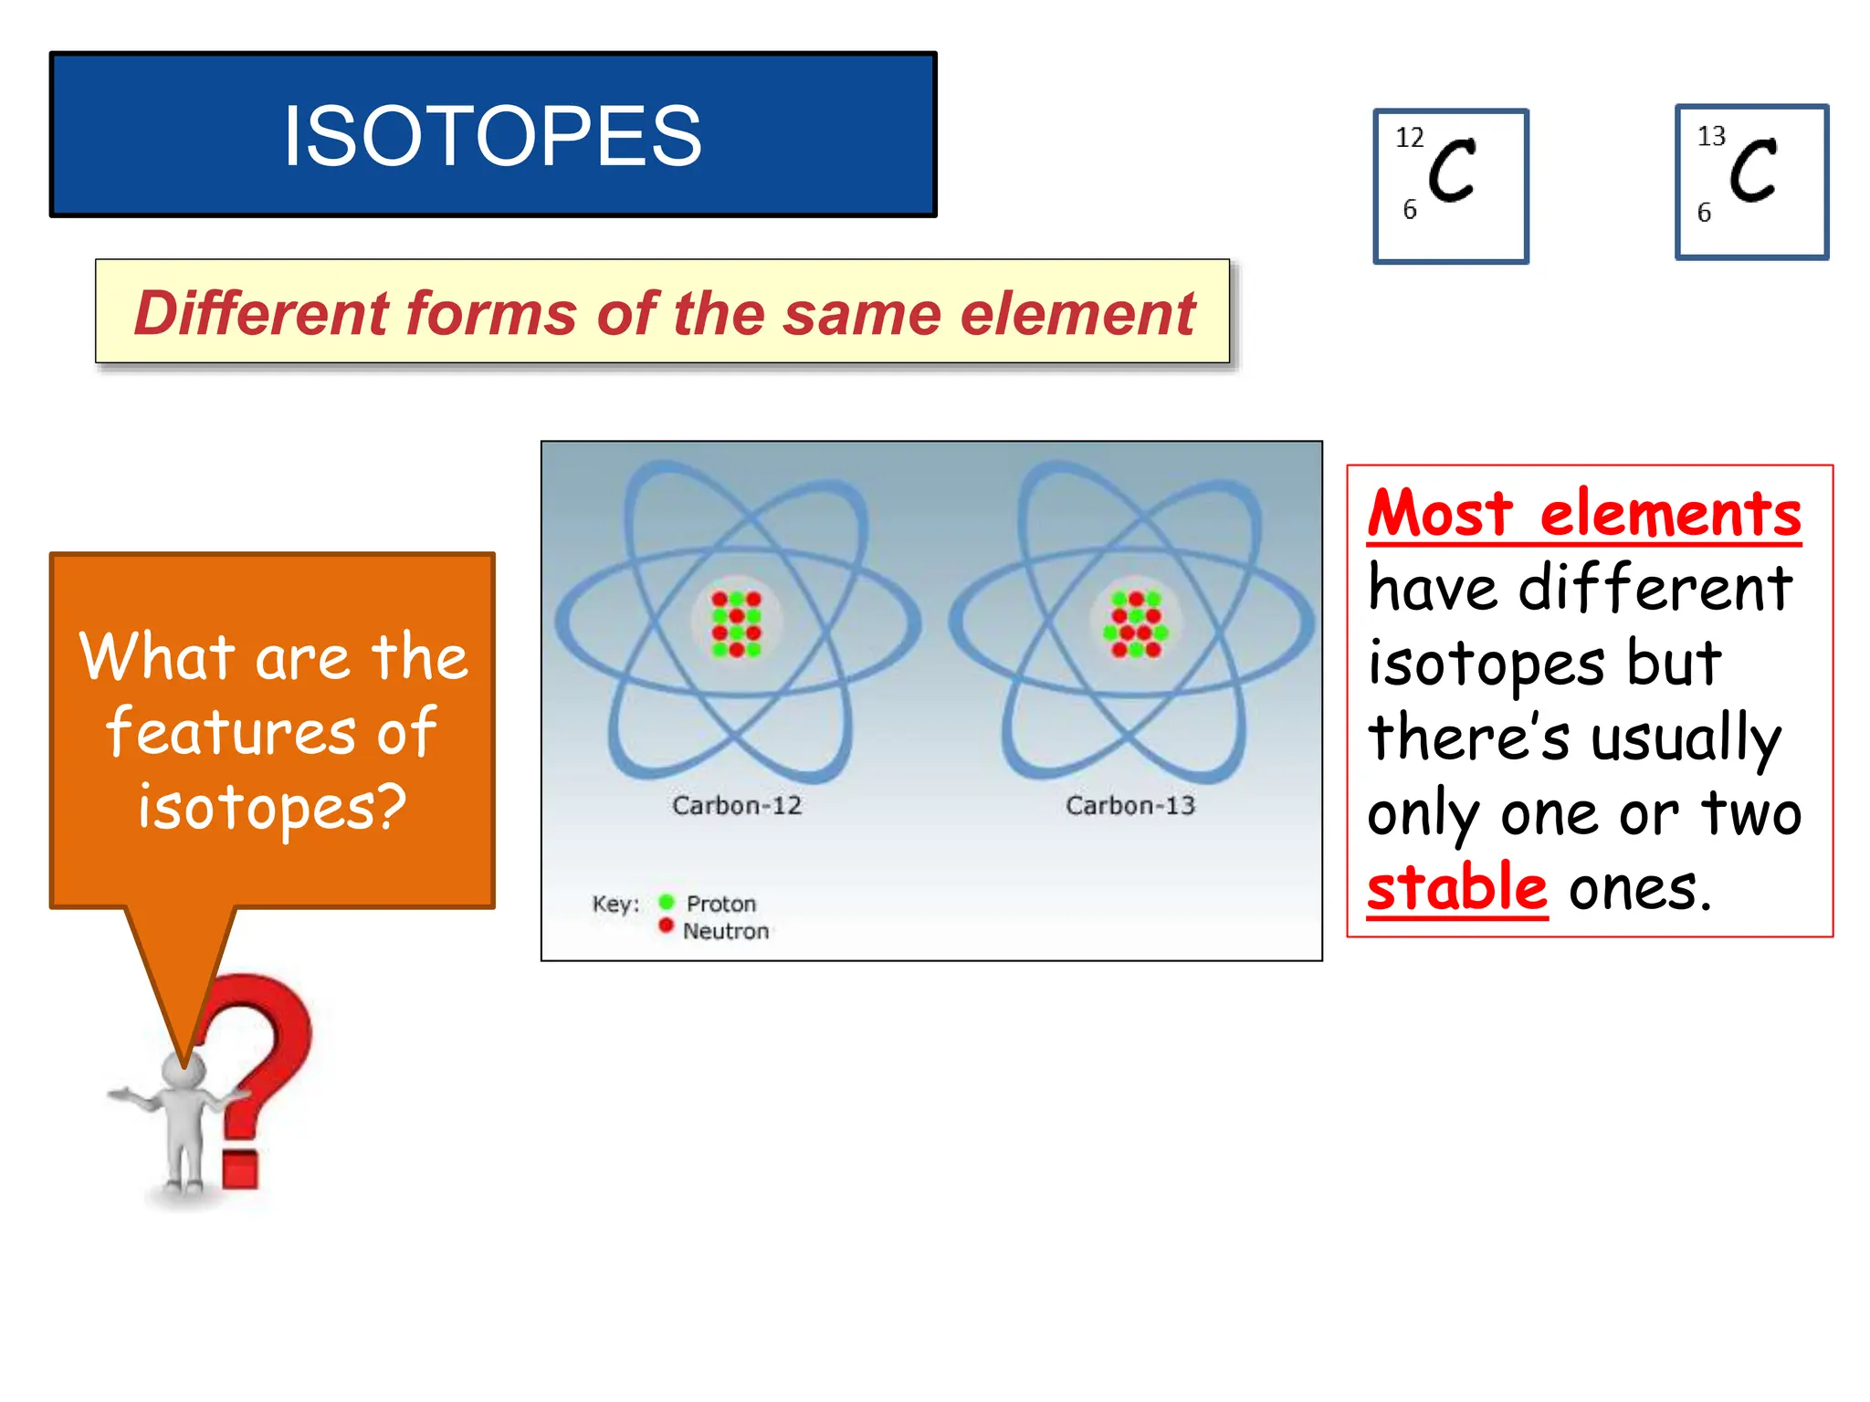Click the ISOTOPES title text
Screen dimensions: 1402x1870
tap(492, 135)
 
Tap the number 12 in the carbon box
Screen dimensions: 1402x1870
tap(1409, 138)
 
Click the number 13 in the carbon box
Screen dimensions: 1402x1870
tap(1710, 136)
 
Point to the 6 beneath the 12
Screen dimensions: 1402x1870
tap(1410, 210)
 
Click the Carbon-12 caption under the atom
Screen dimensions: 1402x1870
tap(736, 805)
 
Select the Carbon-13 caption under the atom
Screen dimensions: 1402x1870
tap(1129, 805)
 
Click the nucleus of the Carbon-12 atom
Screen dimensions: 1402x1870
tap(736, 624)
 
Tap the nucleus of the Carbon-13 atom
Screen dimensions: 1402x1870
tap(1135, 624)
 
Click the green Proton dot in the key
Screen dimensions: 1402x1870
tap(667, 902)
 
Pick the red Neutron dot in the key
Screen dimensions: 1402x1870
tap(667, 926)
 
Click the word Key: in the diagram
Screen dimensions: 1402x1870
tap(615, 904)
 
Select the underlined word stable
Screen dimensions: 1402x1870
tap(1456, 887)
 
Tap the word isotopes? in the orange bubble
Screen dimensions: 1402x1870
tap(272, 807)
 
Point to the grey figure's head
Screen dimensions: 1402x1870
tap(183, 1070)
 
